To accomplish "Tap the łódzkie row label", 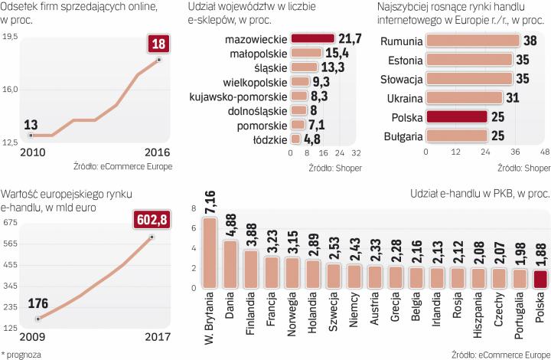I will coord(270,139).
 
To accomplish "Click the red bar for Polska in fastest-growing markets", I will coord(456,117).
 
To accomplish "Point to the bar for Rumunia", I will coord(471,40).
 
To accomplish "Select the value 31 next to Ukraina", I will coord(514,97).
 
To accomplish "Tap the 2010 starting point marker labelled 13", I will coord(30,136).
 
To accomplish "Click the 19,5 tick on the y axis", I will coord(11,36).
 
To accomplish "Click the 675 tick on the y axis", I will coord(11,223).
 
